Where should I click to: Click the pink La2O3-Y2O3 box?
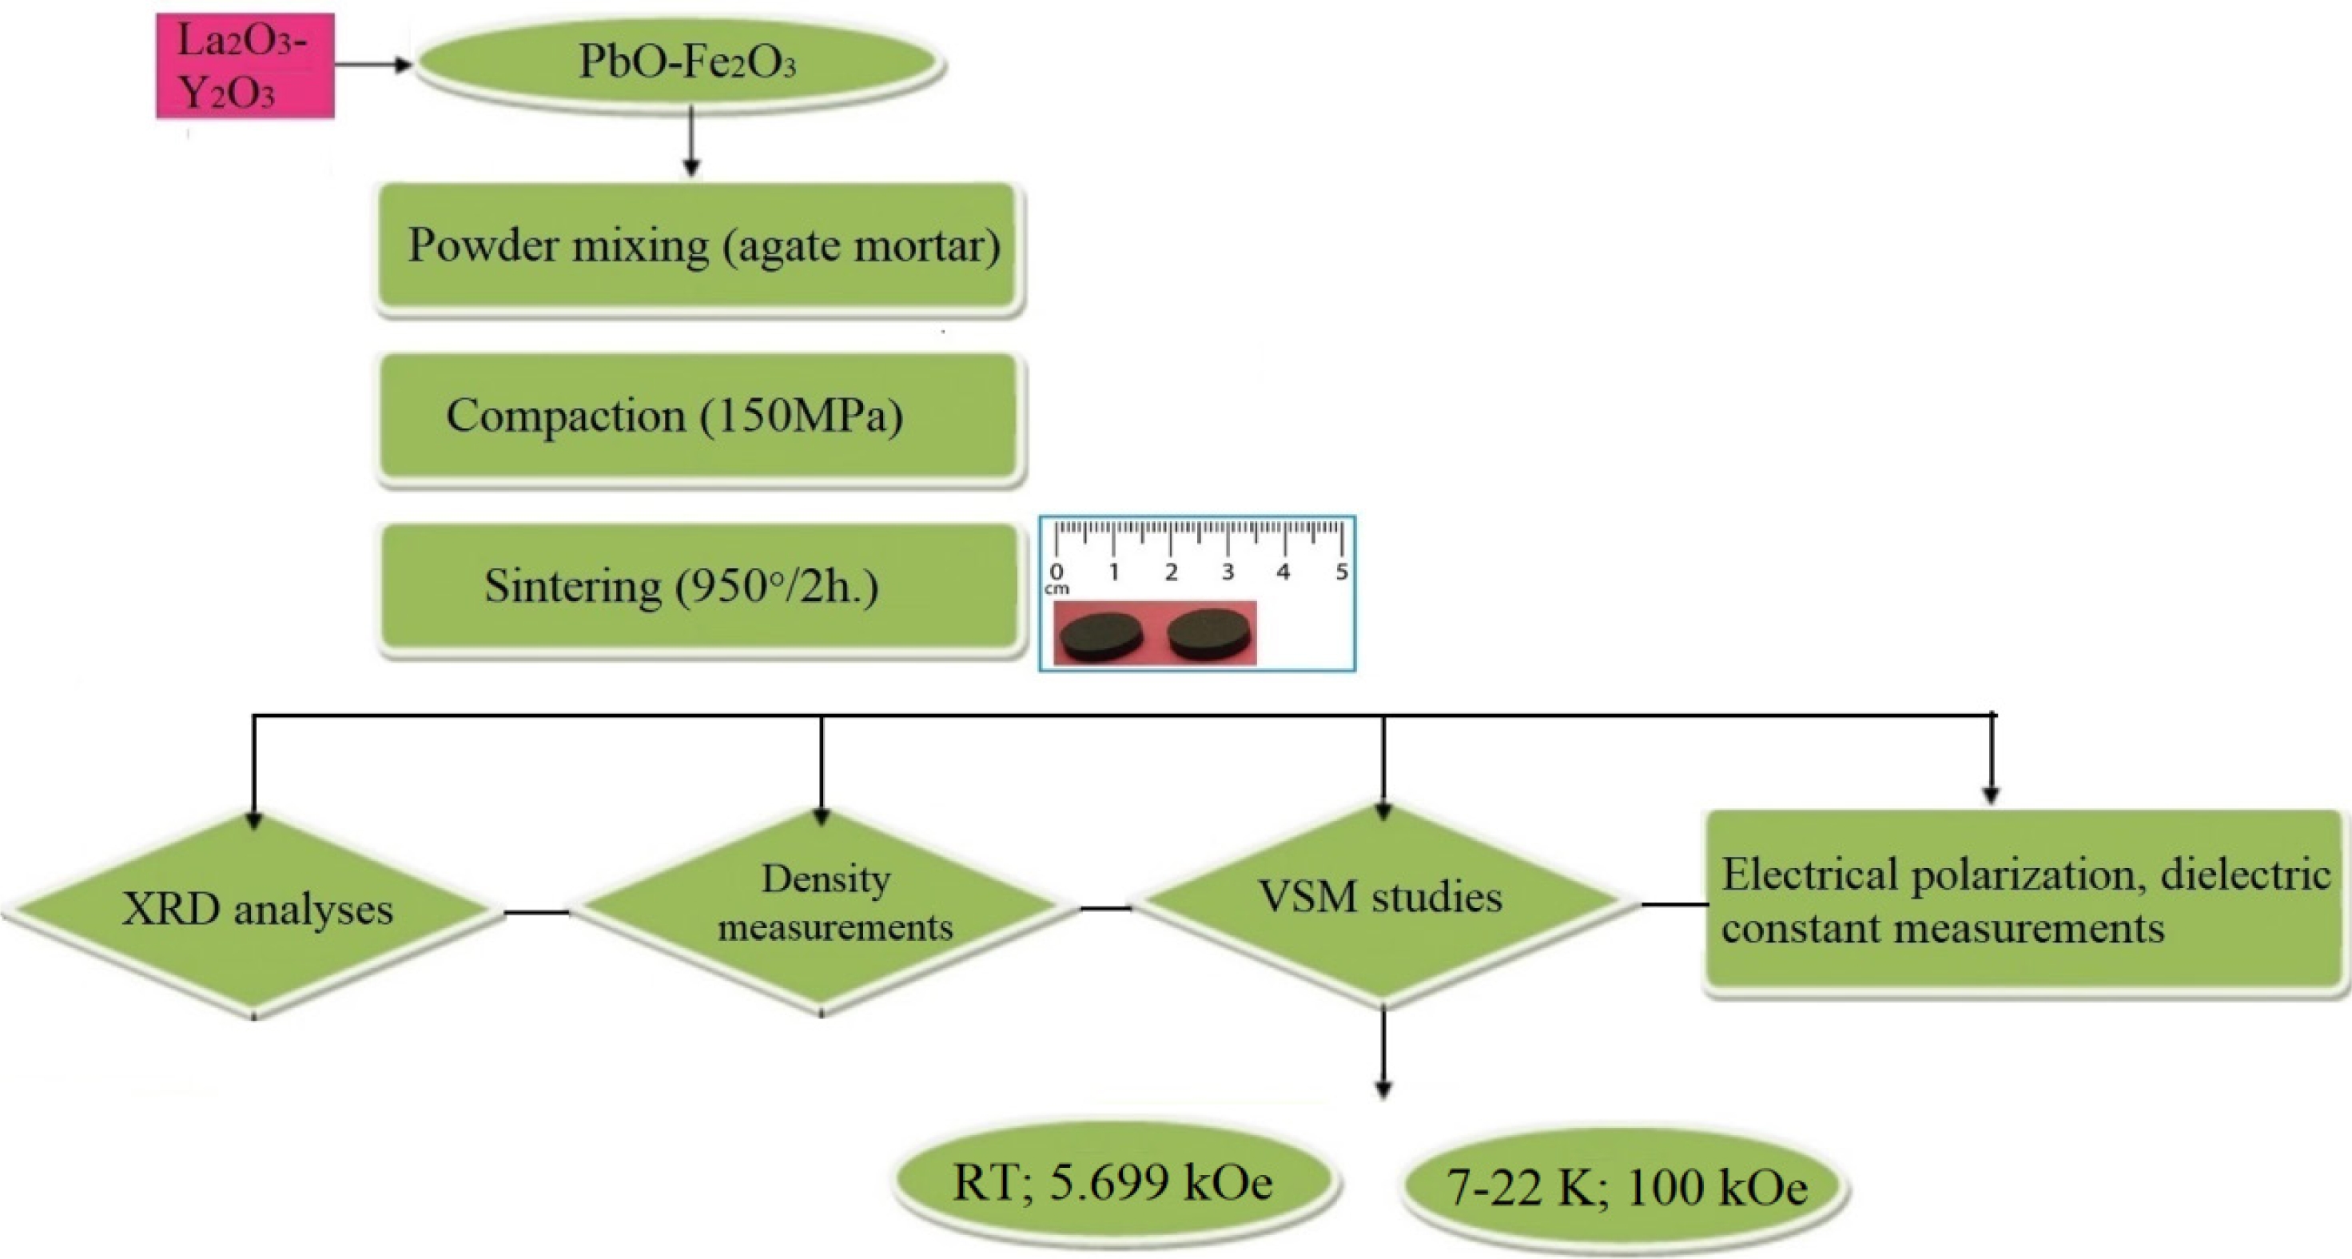click(245, 66)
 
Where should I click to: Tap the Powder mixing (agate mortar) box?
click(698, 246)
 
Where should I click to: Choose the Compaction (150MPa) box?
click(698, 416)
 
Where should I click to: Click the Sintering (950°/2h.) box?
click(698, 586)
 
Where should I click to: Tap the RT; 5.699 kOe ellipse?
click(1114, 1183)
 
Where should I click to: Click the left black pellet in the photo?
click(1102, 635)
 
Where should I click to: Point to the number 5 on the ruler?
click(1341, 572)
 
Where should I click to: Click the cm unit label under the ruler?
click(1057, 590)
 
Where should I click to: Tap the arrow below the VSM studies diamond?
click(1383, 1050)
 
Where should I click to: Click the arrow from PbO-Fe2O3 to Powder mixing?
click(691, 141)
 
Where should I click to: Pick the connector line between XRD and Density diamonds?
click(537, 912)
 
